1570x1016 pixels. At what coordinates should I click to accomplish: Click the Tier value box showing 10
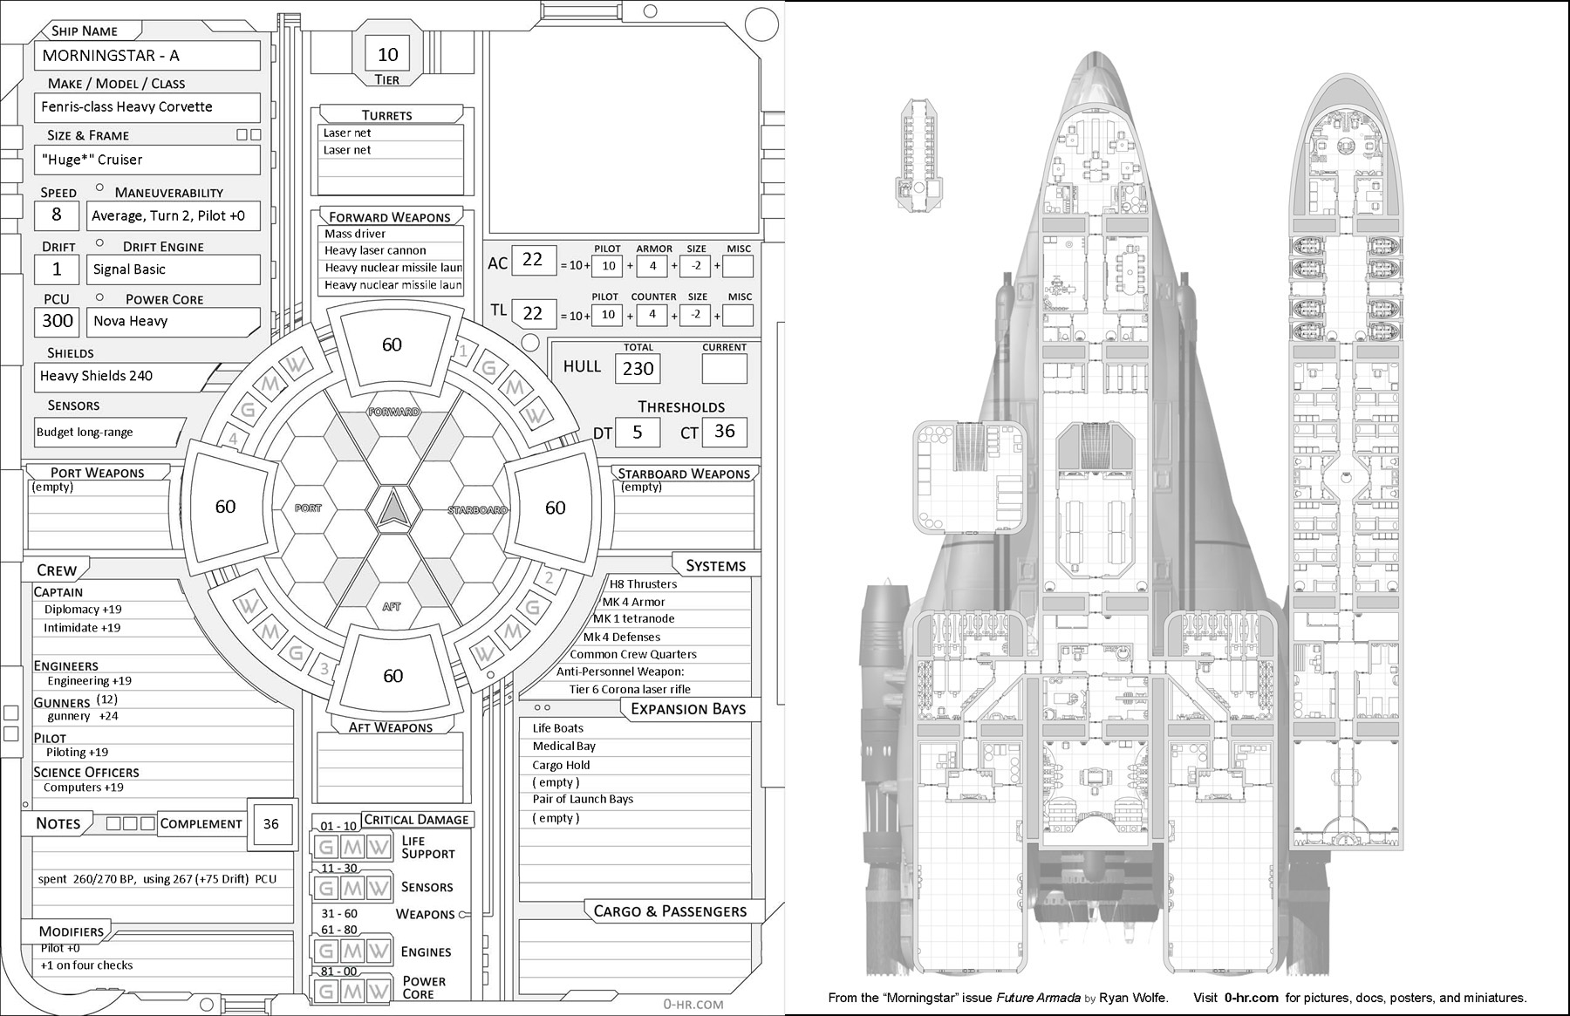(x=387, y=54)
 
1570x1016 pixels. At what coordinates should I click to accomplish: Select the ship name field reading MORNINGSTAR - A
(x=147, y=56)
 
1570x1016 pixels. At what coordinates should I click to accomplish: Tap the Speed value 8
(x=57, y=215)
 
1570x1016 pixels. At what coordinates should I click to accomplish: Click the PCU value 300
(x=58, y=321)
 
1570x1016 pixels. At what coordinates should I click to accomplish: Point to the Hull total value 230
(x=638, y=369)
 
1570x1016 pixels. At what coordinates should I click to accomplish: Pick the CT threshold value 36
(x=724, y=432)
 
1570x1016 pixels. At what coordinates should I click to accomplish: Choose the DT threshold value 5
(x=637, y=433)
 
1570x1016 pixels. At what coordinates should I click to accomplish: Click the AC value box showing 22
(x=532, y=260)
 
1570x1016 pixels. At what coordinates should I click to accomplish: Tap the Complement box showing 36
(x=271, y=823)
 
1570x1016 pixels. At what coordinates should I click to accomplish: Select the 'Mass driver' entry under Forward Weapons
(x=355, y=234)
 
